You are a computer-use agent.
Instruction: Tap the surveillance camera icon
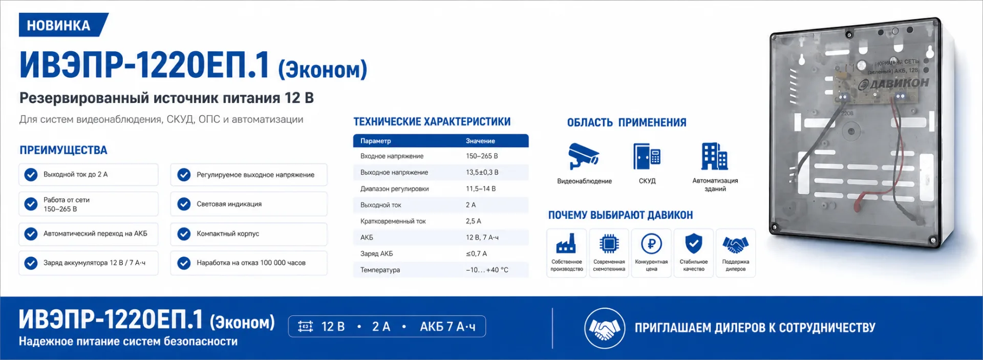pos(584,156)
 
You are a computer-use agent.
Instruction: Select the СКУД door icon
pos(647,156)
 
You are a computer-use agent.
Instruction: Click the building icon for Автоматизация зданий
pos(715,156)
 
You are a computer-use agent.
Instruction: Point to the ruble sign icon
pos(651,244)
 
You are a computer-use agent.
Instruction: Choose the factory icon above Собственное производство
pos(566,243)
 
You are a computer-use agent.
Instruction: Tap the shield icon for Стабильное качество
pos(694,244)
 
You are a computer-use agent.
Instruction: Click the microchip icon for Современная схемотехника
pos(609,244)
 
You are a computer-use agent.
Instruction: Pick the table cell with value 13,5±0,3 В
pos(482,173)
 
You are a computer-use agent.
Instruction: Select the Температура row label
pos(380,270)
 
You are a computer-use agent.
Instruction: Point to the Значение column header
pos(480,141)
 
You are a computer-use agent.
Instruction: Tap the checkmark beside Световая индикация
pos(184,204)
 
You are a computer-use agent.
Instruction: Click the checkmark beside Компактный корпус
pos(184,234)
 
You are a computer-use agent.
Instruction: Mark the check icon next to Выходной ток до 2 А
pos(31,175)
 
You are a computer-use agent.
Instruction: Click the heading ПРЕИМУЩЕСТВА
pos(63,150)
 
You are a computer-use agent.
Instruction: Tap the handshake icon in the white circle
pos(605,328)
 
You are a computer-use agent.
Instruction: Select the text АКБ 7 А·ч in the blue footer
pos(447,327)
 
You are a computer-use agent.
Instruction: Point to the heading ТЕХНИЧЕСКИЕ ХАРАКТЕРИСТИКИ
pos(432,121)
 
